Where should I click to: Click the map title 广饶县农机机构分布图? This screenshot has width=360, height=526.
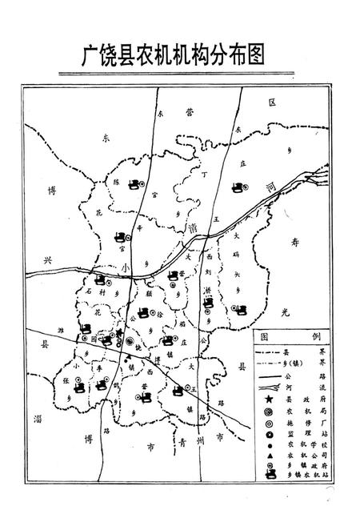coord(174,54)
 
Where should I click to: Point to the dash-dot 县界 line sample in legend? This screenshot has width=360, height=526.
coord(266,351)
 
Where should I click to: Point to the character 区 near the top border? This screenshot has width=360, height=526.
coord(271,103)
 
